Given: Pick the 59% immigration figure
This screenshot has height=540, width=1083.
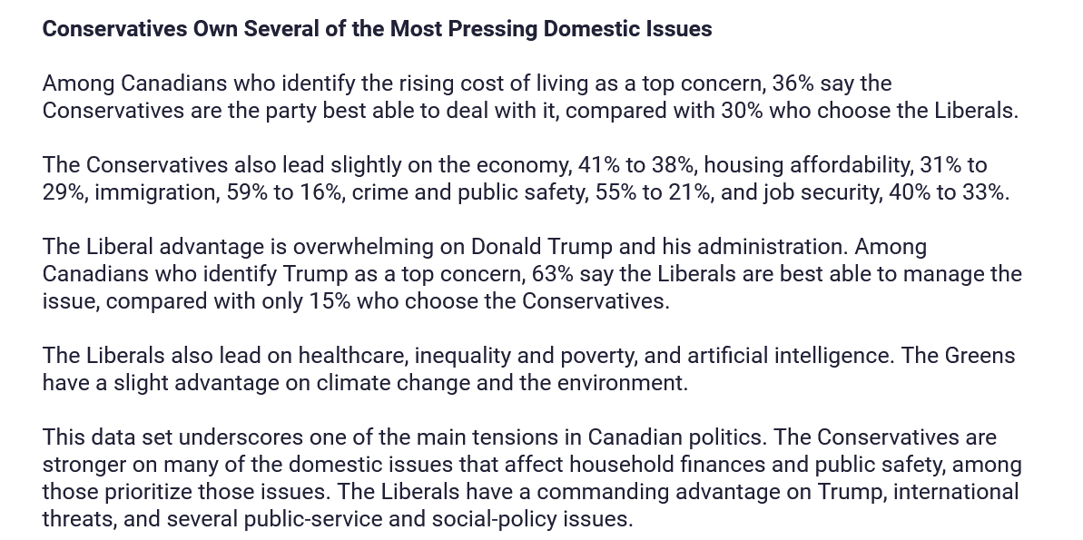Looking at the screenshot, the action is (x=247, y=192).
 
